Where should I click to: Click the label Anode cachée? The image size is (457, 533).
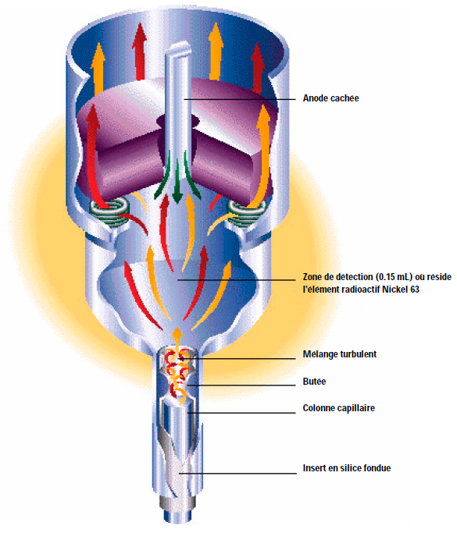[x=330, y=98]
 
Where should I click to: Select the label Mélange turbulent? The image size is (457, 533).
[x=340, y=354]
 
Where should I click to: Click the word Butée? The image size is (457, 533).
[x=314, y=382]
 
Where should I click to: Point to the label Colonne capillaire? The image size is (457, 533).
[x=338, y=408]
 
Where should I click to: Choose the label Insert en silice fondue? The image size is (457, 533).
[x=347, y=468]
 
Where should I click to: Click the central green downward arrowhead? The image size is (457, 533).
[x=177, y=197]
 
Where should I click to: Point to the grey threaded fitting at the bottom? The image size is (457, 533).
[x=177, y=502]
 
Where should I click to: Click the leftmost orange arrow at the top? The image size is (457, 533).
[x=98, y=67]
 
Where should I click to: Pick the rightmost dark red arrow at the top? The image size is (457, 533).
[x=258, y=67]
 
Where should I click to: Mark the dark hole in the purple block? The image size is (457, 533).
[x=177, y=121]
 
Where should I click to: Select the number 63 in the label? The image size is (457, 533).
[x=414, y=290]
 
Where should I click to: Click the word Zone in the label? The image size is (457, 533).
[x=312, y=277]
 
